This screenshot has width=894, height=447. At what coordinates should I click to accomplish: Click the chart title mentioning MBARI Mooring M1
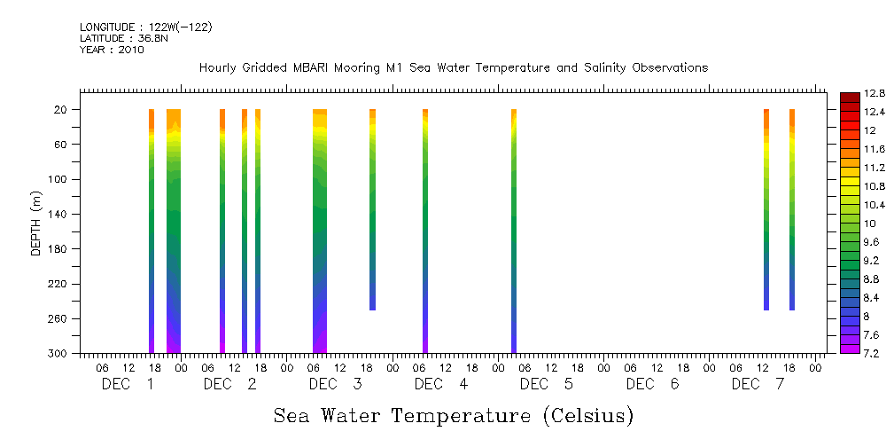[x=453, y=67]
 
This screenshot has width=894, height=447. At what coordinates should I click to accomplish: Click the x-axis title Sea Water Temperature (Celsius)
[x=453, y=416]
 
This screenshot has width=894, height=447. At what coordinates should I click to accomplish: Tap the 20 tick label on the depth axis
[x=60, y=110]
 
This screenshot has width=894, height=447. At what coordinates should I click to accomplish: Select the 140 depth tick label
[x=58, y=215]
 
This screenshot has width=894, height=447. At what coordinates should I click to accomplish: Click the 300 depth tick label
[x=58, y=354]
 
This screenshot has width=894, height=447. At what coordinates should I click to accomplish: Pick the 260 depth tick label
[x=58, y=319]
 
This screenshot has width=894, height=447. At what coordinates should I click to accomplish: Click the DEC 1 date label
[x=128, y=384]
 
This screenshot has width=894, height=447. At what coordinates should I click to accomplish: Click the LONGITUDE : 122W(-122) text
[x=145, y=27]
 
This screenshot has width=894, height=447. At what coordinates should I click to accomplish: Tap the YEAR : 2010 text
[x=112, y=50]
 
